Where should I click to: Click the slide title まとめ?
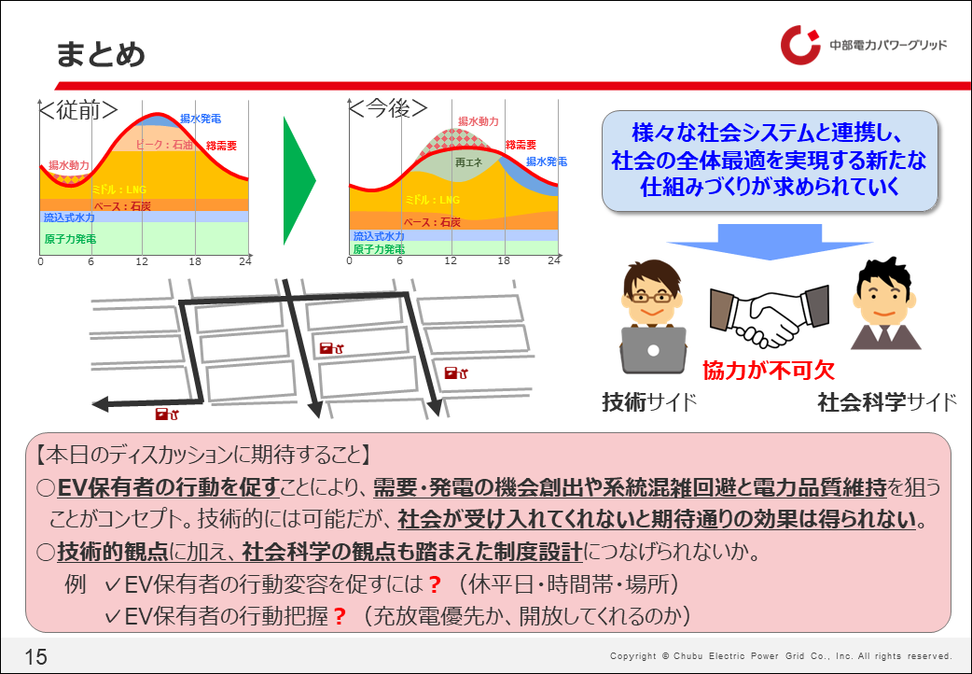(101, 55)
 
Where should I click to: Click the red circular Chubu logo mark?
(799, 46)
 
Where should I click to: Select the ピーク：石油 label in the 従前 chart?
(163, 145)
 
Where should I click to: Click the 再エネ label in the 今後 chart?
(468, 162)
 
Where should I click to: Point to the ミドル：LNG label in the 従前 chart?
(119, 190)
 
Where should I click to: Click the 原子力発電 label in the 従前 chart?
(70, 239)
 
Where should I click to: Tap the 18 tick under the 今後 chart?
(504, 260)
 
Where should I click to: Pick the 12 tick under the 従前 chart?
(142, 261)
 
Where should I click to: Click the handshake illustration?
(770, 316)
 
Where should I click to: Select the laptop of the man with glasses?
(653, 350)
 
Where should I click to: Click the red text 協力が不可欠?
(769, 371)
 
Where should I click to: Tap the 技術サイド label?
(649, 402)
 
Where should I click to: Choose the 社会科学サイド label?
(888, 402)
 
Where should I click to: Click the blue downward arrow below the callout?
(770, 242)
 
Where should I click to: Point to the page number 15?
(36, 656)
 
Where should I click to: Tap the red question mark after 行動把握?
(340, 616)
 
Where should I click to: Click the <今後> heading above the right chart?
(388, 108)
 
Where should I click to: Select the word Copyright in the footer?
(632, 656)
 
